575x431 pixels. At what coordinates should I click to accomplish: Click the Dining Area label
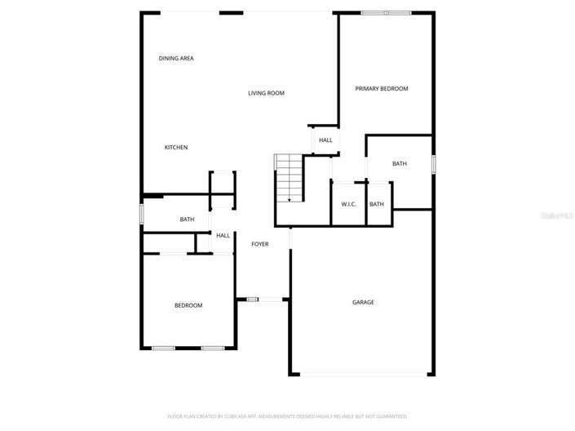tap(176, 59)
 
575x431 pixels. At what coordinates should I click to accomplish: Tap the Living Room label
tap(266, 93)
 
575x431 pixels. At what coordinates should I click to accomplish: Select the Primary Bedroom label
tap(382, 88)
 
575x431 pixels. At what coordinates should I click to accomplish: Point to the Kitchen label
tap(176, 148)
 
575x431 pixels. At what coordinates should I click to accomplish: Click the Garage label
tap(363, 303)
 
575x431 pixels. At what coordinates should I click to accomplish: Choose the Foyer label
tap(259, 244)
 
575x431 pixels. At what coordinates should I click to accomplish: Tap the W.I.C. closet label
tap(348, 204)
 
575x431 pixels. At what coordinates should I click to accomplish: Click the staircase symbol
tap(289, 179)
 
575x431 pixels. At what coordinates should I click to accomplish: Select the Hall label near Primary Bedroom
tap(325, 140)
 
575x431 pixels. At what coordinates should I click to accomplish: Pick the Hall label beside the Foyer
tap(223, 236)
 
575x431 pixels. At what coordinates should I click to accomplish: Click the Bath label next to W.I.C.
tap(377, 204)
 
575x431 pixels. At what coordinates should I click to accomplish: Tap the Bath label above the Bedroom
tap(187, 219)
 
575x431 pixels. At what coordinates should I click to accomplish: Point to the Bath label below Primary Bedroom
tap(400, 164)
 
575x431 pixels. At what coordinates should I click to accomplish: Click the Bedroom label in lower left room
tap(188, 305)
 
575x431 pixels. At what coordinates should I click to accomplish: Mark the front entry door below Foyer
tap(254, 300)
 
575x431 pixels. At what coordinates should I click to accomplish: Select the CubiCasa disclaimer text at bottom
tap(287, 416)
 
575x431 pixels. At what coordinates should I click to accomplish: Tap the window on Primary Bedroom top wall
tap(387, 13)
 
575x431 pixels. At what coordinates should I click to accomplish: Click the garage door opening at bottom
tap(363, 374)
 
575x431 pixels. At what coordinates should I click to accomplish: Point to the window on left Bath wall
tap(142, 214)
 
